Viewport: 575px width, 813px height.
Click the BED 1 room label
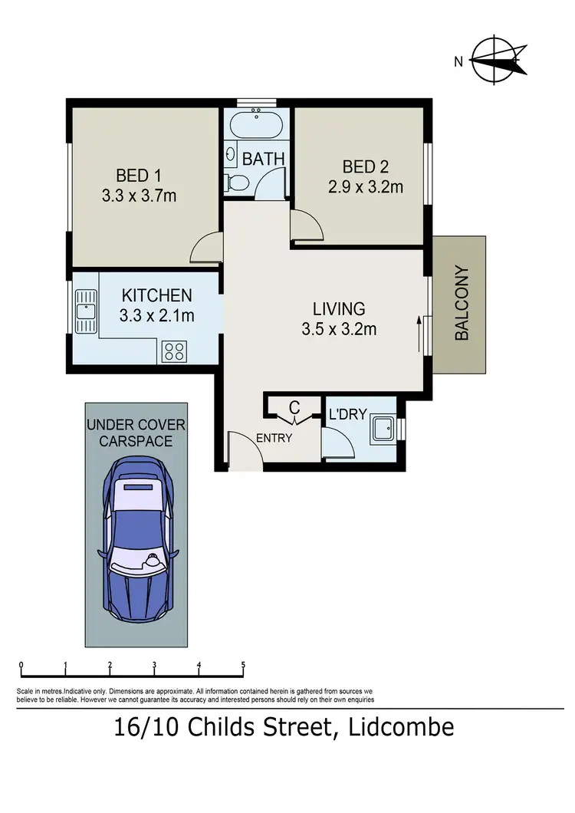pyautogui.click(x=139, y=173)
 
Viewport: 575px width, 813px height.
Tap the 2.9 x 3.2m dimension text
pyautogui.click(x=366, y=186)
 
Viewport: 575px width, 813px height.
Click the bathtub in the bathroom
pyautogui.click(x=258, y=123)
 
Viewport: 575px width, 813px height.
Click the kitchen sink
pyautogui.click(x=84, y=311)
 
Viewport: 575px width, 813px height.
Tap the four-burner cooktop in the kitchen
pyautogui.click(x=174, y=351)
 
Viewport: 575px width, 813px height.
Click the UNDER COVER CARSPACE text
pyautogui.click(x=136, y=433)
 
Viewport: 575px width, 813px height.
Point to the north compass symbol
pyautogui.click(x=500, y=59)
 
